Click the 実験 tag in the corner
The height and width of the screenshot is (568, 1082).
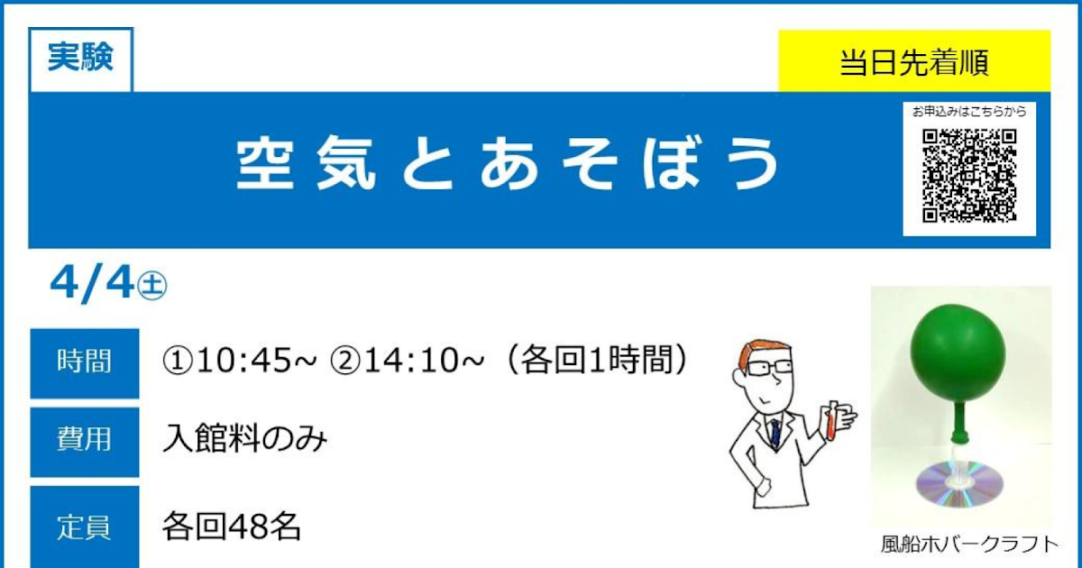(80, 60)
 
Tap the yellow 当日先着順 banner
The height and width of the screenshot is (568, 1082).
(913, 62)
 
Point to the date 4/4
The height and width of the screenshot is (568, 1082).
(91, 285)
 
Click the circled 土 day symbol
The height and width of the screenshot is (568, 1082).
(151, 288)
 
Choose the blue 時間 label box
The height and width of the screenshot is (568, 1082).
(85, 362)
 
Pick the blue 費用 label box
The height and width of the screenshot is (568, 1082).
(85, 441)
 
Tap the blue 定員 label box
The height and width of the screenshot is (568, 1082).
(85, 526)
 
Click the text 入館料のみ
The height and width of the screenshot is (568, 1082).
(244, 440)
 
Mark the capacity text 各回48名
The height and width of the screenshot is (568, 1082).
(232, 526)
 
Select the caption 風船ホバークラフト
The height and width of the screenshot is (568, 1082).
(967, 545)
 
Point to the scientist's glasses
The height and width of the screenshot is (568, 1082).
(766, 367)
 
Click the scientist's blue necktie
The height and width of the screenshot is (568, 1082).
(775, 434)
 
